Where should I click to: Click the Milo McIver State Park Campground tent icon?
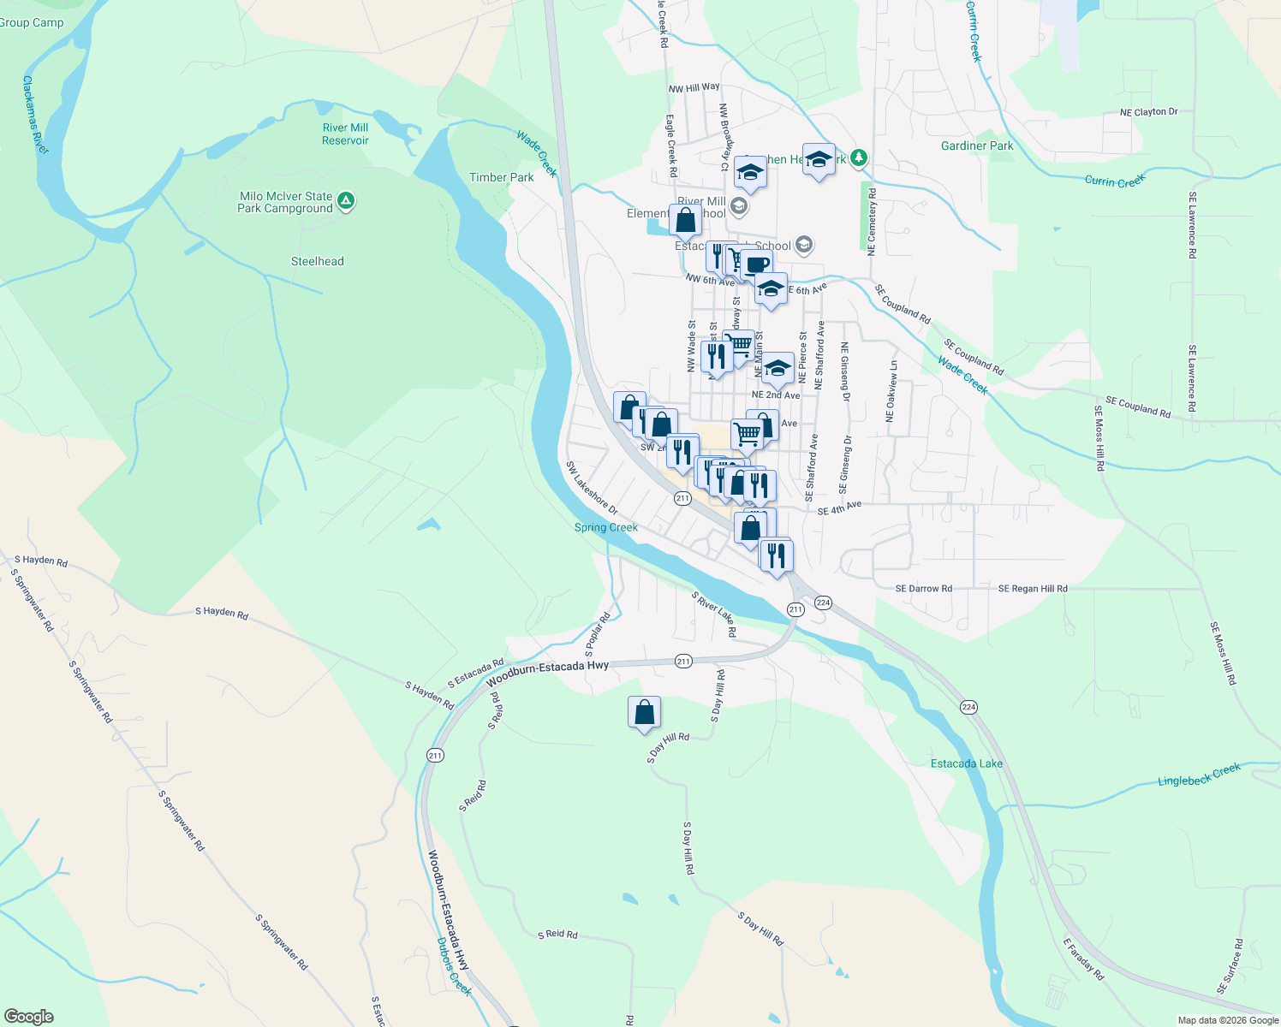(346, 201)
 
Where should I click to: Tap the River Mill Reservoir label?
(345, 134)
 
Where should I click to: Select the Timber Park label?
(501, 177)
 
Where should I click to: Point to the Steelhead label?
(317, 261)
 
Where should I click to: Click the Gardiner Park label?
(977, 145)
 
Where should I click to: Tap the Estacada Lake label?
(966, 763)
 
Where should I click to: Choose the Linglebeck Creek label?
(1199, 775)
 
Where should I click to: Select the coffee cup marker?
(756, 264)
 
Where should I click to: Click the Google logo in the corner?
(28, 1016)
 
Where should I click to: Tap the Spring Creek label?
(605, 527)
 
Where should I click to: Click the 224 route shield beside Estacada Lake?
(968, 707)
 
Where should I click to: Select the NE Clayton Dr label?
(1148, 112)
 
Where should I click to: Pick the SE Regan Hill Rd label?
(1033, 589)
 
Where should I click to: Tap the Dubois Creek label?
(454, 966)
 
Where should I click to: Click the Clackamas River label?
(35, 115)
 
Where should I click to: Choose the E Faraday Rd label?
(1083, 959)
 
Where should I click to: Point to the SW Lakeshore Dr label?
(591, 488)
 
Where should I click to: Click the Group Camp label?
(32, 22)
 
